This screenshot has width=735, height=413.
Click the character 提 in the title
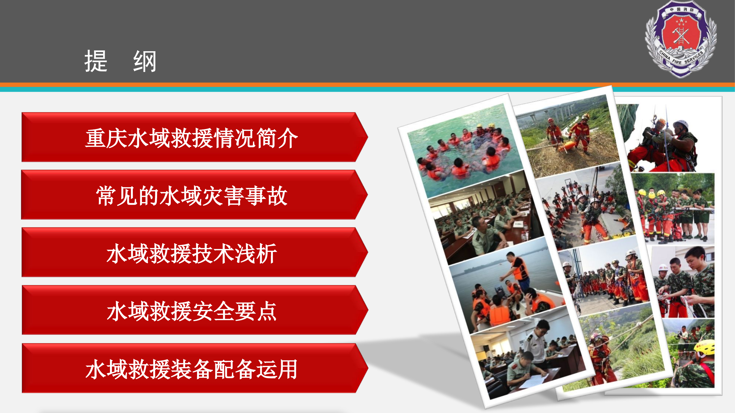point(96,61)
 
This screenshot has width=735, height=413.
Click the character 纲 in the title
point(145,61)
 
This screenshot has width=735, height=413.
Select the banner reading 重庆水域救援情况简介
point(191,138)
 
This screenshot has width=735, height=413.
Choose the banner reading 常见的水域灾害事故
point(191,195)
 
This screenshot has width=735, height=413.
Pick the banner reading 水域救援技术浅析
point(191,253)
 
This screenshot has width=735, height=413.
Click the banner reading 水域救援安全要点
point(191,311)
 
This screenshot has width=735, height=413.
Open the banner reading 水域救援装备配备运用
point(191,369)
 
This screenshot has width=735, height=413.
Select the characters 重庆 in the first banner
point(106,138)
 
